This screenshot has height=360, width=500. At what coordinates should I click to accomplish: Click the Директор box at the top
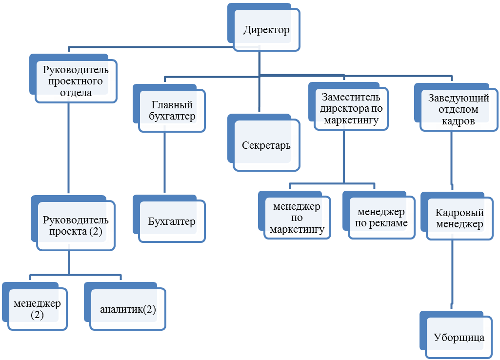tap(266, 30)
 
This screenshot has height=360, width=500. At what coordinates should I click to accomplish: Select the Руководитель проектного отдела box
tap(76, 81)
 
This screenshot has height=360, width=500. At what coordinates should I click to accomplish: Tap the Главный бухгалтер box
tap(172, 111)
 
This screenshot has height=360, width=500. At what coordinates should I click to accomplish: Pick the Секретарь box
tap(266, 146)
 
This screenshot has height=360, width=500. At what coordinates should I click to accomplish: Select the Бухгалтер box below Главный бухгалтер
tap(172, 222)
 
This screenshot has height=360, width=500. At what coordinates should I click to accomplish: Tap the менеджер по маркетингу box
tap(297, 218)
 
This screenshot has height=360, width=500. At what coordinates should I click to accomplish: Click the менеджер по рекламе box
tap(381, 218)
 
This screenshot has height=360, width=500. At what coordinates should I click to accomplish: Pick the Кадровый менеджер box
tap(459, 219)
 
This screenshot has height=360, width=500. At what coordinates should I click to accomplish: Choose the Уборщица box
tap(459, 338)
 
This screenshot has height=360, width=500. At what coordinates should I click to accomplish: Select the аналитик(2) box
tap(128, 309)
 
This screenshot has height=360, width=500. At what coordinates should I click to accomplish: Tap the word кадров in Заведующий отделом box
tap(458, 121)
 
